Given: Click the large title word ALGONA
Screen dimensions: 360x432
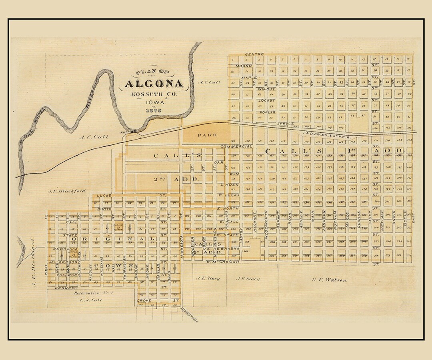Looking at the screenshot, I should pos(154,84).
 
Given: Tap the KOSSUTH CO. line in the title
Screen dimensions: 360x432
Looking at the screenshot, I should pos(154,94).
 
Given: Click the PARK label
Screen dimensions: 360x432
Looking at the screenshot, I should pos(207,135).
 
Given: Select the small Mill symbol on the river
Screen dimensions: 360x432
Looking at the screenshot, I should pos(134,131).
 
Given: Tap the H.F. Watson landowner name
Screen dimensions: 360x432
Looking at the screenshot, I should pos(329,280).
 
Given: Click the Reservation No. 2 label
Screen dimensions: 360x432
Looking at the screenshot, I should pos(94,293).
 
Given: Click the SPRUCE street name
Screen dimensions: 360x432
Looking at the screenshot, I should pos(285,124).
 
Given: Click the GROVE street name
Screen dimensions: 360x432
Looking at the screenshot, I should pos(144,300).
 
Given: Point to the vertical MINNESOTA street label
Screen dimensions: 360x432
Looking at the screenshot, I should pos(182,248).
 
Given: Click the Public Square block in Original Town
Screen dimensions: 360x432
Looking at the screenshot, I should pos(119,228).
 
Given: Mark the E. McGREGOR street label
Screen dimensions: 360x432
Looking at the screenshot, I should pos(223,262).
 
